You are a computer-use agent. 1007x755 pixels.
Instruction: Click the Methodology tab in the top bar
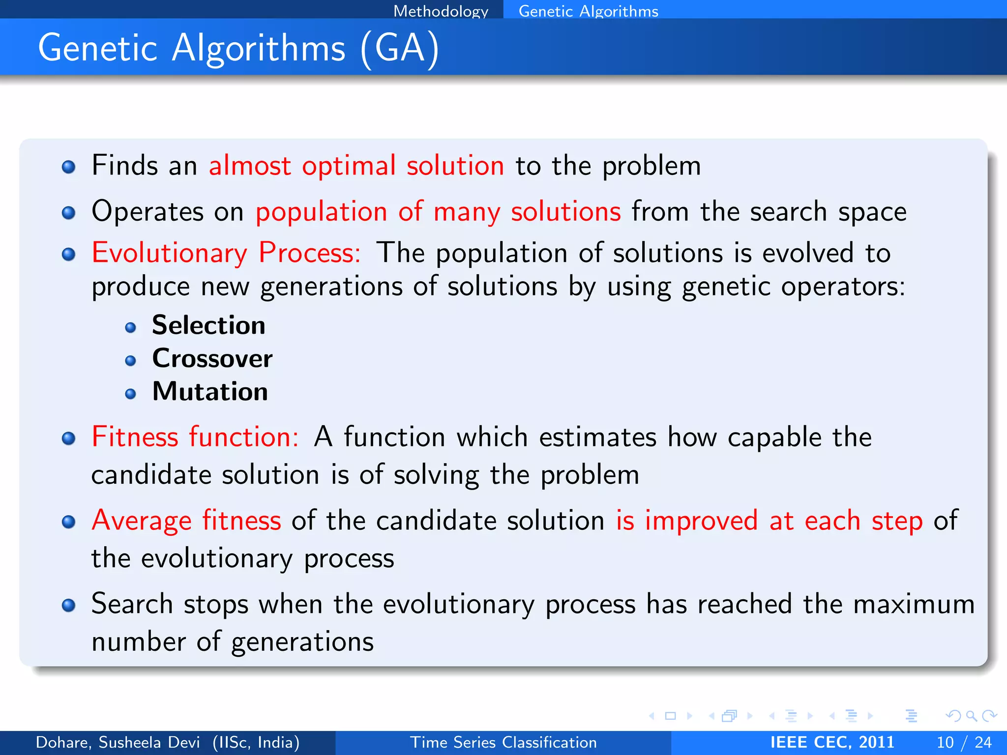[x=441, y=11]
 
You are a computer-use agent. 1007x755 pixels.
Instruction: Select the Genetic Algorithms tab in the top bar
[x=588, y=11]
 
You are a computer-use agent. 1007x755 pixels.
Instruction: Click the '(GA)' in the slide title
[x=399, y=48]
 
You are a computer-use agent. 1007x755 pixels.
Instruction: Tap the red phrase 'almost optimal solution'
[x=356, y=166]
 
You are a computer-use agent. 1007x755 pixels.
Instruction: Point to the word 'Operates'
[x=148, y=212]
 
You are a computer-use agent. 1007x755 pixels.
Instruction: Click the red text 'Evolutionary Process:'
[x=226, y=253]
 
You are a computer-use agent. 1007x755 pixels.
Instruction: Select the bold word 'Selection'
[x=208, y=325]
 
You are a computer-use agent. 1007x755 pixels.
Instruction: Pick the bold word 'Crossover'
[x=212, y=358]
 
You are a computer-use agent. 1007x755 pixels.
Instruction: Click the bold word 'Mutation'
[x=210, y=392]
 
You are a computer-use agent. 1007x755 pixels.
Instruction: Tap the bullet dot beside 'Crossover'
[x=130, y=361]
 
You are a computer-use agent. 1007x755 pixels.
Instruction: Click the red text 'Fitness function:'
[x=195, y=437]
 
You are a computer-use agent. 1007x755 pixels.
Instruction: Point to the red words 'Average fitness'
[x=186, y=521]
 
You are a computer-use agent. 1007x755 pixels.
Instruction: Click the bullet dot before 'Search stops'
[x=69, y=605]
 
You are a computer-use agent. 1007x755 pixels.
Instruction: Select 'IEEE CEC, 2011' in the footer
[x=832, y=742]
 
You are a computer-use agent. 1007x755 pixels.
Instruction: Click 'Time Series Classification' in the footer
[x=503, y=742]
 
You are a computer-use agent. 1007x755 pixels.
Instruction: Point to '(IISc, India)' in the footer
[x=256, y=742]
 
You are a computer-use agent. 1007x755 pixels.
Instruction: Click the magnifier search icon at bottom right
[x=971, y=716]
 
